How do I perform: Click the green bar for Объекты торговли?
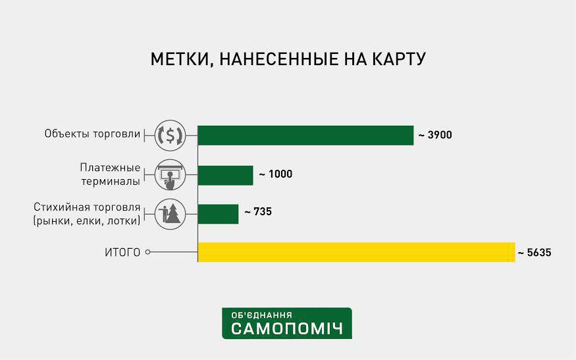[305, 135]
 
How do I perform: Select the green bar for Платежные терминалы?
[225, 175]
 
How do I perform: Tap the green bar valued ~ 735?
[218, 214]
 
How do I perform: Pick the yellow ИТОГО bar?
[356, 252]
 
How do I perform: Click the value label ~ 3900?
[435, 135]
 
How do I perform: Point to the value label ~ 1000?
[276, 174]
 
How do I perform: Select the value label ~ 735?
[258, 212]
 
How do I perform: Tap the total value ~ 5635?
[535, 253]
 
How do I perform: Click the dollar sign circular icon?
[170, 135]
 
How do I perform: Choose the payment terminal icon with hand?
[170, 175]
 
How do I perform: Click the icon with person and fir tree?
[170, 214]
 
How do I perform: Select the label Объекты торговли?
[92, 134]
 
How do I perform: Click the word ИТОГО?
[122, 253]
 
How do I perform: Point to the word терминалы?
[111, 182]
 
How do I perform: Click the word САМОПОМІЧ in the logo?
[287, 329]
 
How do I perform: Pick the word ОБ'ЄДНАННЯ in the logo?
[261, 315]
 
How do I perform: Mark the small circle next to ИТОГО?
[147, 252]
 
